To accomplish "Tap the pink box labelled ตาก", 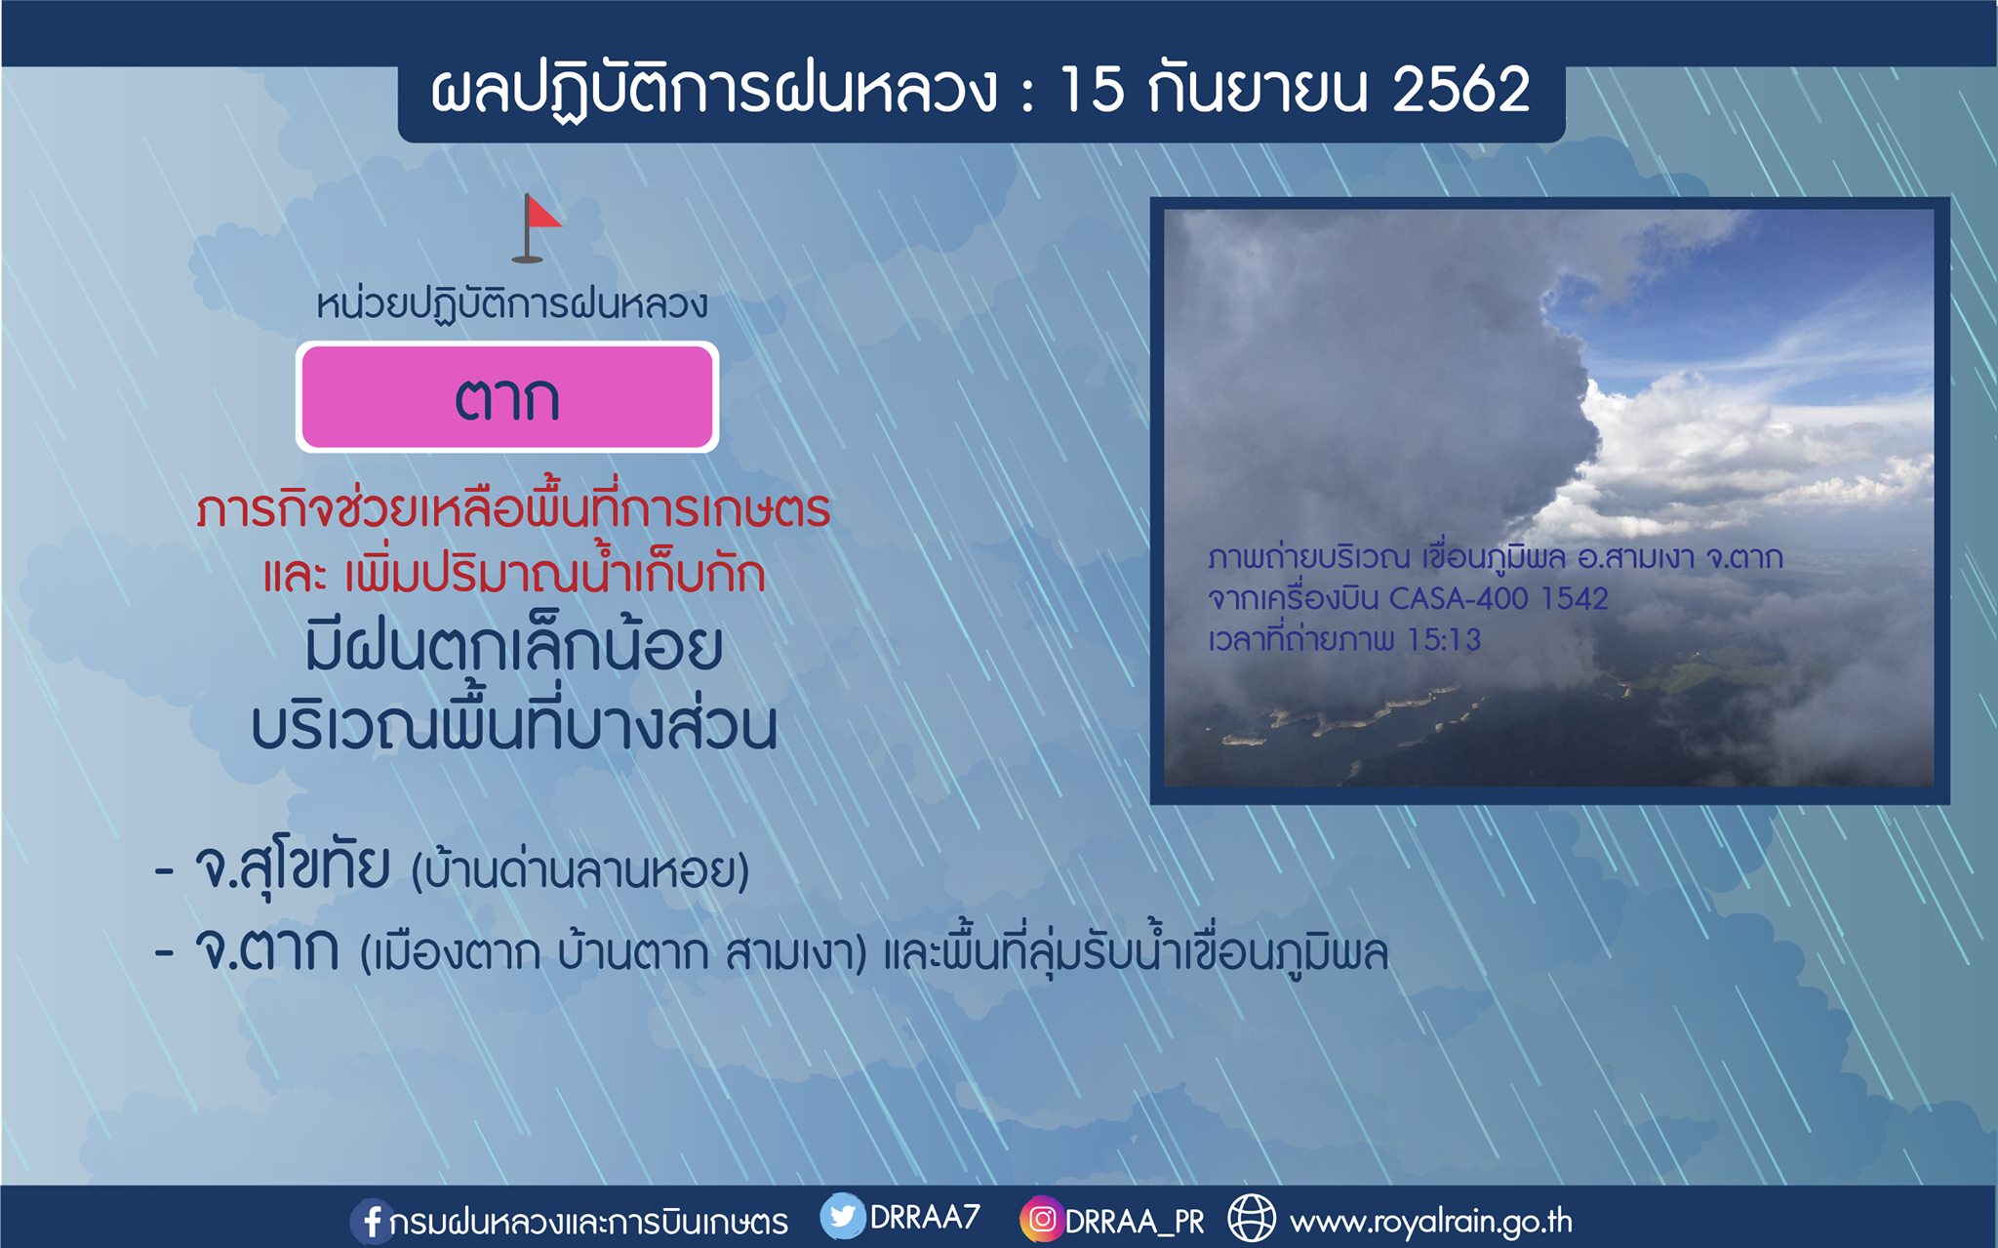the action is pos(507,397).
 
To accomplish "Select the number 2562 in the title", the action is pos(1460,90).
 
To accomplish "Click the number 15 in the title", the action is pos(1092,90).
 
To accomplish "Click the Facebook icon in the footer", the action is pos(371,1221).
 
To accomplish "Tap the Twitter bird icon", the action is pos(842,1217).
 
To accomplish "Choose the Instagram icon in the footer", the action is pos(1041,1220).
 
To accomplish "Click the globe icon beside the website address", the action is pos(1252,1219).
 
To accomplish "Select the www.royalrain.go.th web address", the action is pos(1431,1222).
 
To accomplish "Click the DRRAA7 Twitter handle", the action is pos(925,1217).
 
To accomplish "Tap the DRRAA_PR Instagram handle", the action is pos(1135,1222).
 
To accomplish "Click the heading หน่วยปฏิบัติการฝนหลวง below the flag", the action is pos(512,303).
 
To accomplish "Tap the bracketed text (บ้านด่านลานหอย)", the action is pos(580,870).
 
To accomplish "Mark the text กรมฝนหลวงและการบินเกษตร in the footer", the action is pos(588,1222).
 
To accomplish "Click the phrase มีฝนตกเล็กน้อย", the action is pos(514,648).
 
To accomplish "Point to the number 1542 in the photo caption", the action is pos(1575,598).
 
